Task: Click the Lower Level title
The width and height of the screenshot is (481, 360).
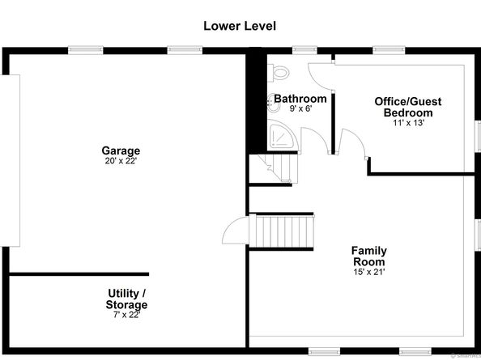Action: tap(240, 26)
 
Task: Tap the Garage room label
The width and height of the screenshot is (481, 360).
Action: tap(121, 150)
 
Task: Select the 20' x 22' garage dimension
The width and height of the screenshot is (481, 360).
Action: tap(121, 161)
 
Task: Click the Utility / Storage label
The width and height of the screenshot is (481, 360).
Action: tap(126, 299)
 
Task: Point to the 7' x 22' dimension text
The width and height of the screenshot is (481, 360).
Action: tap(126, 315)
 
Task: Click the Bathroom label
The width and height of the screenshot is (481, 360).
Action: tap(300, 99)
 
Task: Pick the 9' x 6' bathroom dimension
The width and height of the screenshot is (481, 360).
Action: tap(300, 108)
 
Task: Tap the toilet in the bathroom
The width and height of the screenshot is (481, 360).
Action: tap(279, 73)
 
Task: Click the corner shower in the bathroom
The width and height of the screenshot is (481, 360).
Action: tap(281, 135)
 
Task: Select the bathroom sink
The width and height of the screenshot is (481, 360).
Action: tap(274, 104)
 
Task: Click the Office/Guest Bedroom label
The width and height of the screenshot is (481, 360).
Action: tap(408, 107)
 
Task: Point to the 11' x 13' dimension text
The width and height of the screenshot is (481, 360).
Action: tap(408, 123)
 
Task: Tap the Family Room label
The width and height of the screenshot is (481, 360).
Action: tap(369, 256)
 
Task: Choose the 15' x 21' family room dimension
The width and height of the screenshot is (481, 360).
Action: tap(369, 272)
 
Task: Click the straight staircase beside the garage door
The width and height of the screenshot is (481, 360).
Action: tap(282, 231)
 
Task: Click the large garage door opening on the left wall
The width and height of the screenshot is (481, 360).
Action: tap(11, 160)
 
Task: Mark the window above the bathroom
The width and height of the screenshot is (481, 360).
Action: tap(304, 50)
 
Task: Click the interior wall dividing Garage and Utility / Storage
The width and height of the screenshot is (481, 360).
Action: tap(79, 274)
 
